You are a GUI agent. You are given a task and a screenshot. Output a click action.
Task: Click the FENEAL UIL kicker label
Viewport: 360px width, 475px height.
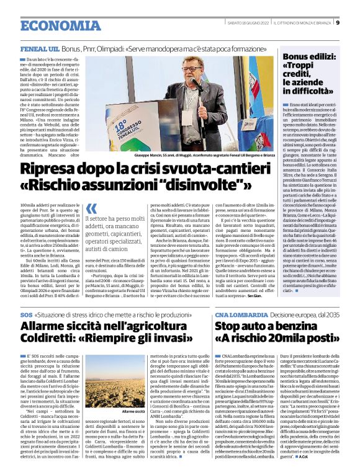(40, 48)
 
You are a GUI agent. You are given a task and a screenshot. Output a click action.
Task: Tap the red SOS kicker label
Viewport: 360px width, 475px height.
(27, 316)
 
